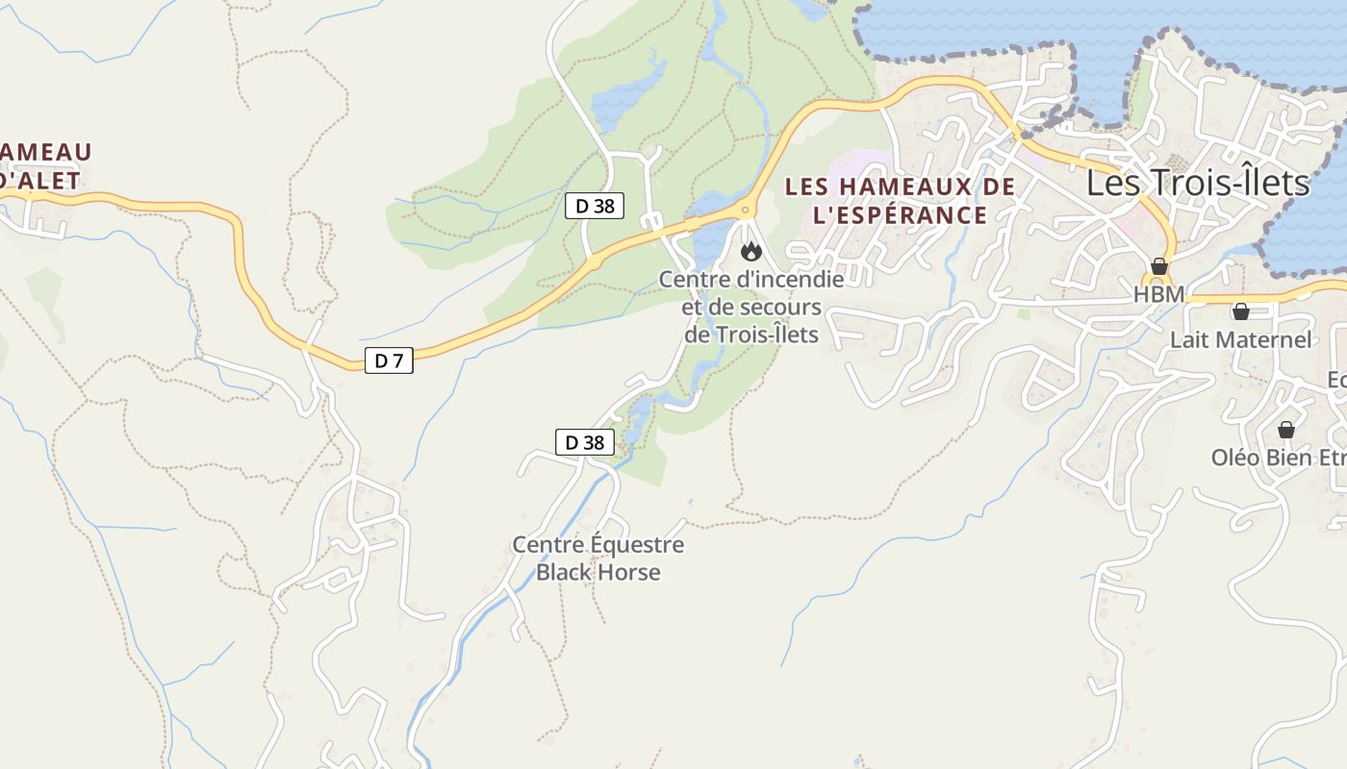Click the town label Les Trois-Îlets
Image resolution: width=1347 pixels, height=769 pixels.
tap(1198, 183)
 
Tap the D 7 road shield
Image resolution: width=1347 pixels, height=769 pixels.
tap(389, 361)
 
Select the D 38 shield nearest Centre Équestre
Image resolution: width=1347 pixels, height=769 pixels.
tap(584, 442)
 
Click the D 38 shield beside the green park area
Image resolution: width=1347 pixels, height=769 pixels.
tap(594, 205)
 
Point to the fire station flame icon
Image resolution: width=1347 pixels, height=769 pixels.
tap(750, 252)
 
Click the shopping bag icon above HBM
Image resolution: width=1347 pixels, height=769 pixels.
tap(1159, 266)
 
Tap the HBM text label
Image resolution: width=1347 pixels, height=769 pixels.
tap(1158, 295)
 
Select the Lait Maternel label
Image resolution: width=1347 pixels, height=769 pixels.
tap(1240, 339)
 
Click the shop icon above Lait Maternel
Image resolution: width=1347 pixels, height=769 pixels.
tap(1241, 311)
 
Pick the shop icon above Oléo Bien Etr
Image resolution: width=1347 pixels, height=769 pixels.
tap(1285, 430)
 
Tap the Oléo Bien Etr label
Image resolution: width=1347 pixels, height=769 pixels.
tap(1278, 458)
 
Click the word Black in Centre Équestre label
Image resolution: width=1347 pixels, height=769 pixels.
tap(564, 573)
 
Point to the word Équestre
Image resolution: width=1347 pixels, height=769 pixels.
tap(637, 545)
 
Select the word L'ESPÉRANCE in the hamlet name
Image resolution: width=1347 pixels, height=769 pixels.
tap(900, 214)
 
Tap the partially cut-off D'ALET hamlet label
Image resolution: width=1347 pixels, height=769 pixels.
tap(38, 180)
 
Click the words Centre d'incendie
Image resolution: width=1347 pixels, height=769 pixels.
tap(750, 280)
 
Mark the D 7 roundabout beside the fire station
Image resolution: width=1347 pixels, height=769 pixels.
tap(744, 209)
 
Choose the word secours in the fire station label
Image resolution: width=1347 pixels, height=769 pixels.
tap(783, 308)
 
